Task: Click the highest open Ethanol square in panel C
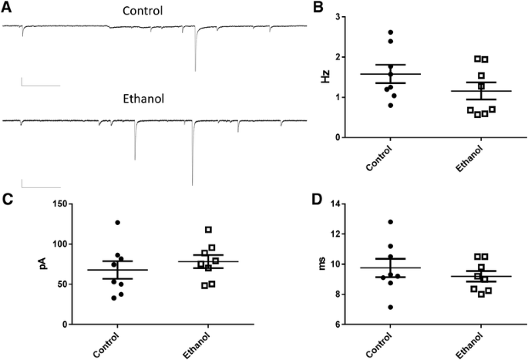(208, 230)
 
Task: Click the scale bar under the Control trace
(40, 85)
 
